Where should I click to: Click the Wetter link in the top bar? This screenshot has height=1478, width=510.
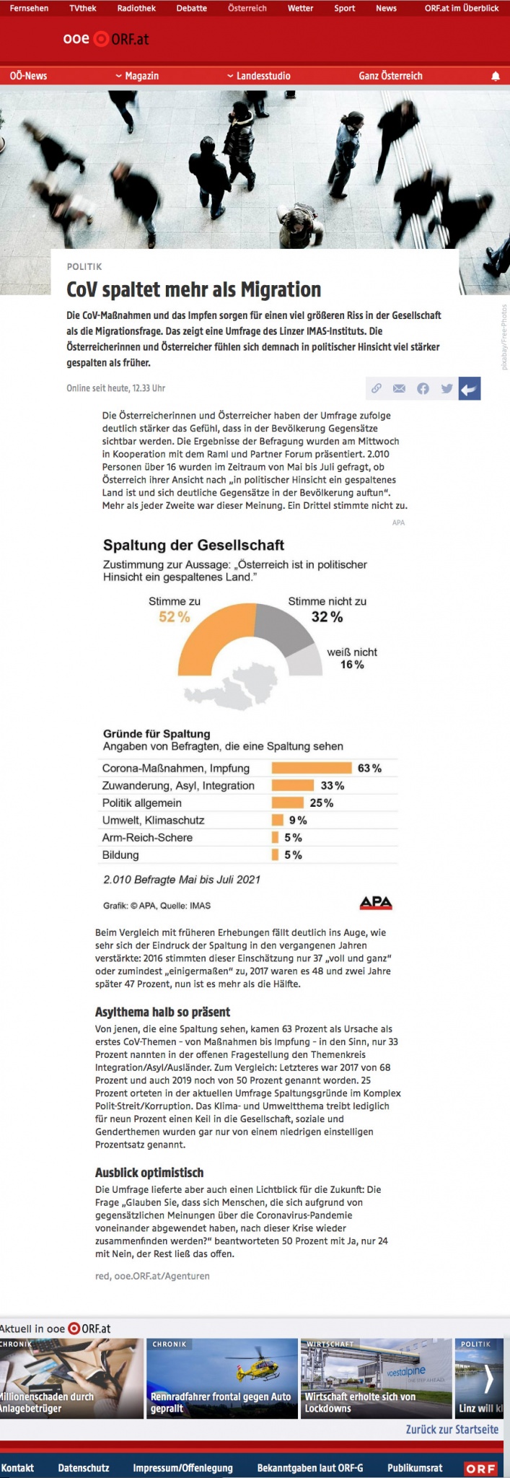click(x=300, y=9)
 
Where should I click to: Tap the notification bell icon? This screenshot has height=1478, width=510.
click(x=496, y=76)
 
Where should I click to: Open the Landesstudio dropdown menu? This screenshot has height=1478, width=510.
click(x=259, y=76)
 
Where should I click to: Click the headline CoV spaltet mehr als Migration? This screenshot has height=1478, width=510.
click(x=193, y=290)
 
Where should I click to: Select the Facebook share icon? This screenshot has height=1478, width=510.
click(x=423, y=389)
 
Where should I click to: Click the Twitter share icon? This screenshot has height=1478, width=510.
click(x=447, y=389)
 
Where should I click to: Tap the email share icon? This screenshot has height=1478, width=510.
click(x=399, y=389)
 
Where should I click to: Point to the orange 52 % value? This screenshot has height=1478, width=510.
click(x=175, y=617)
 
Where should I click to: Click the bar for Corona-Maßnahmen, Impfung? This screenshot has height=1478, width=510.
click(x=311, y=768)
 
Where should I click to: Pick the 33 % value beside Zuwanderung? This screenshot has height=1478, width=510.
click(x=333, y=785)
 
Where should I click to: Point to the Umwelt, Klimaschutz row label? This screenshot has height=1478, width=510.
click(x=153, y=820)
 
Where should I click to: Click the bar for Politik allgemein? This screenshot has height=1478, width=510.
click(x=287, y=803)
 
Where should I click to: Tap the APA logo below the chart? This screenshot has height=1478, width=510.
click(x=375, y=902)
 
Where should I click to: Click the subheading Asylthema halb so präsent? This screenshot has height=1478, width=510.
click(x=162, y=1012)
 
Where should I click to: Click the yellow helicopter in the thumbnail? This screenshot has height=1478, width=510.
click(x=252, y=1368)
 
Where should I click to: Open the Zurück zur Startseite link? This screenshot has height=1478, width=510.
click(x=452, y=1430)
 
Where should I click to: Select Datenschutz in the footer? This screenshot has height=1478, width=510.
click(x=84, y=1468)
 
